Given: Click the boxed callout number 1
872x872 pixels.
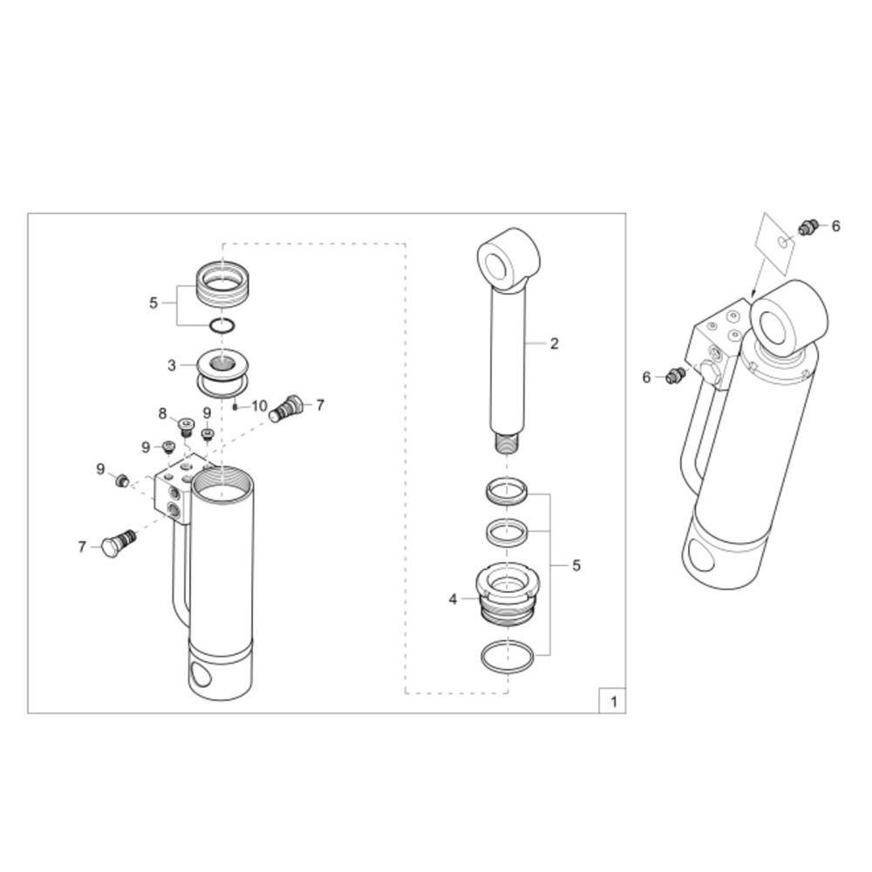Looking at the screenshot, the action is click(x=613, y=701).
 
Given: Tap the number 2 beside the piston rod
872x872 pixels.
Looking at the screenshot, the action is click(x=554, y=344).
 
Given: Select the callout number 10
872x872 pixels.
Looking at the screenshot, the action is click(x=259, y=406).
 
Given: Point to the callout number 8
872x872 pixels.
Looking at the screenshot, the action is click(x=162, y=413).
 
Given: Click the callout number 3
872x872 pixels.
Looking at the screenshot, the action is click(x=172, y=365).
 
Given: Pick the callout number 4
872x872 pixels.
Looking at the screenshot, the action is click(x=453, y=599).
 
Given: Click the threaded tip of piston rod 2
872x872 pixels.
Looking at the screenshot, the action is click(x=507, y=443).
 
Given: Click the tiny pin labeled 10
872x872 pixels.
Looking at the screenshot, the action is click(x=235, y=406).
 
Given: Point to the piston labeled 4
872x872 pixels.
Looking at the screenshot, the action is click(x=508, y=594).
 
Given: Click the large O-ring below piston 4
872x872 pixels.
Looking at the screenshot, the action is click(x=508, y=657).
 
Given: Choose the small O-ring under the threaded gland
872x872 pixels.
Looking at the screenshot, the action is click(x=221, y=326).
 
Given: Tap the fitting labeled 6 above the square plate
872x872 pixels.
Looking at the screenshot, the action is click(x=807, y=227).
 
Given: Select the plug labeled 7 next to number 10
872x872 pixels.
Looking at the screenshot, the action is click(x=285, y=408).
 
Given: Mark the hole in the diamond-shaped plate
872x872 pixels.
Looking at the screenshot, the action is click(x=784, y=242).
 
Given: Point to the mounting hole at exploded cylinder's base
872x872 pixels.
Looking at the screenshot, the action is click(x=201, y=675).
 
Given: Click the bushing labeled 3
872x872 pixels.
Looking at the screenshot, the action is click(x=222, y=371).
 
